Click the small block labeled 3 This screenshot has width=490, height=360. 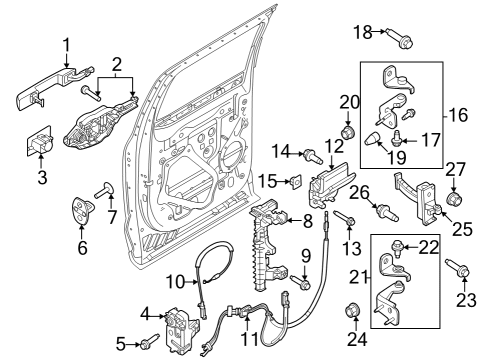coord(42,143)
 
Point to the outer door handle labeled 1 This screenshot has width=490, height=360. coord(38,96)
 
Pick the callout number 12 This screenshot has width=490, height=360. coord(334,147)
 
